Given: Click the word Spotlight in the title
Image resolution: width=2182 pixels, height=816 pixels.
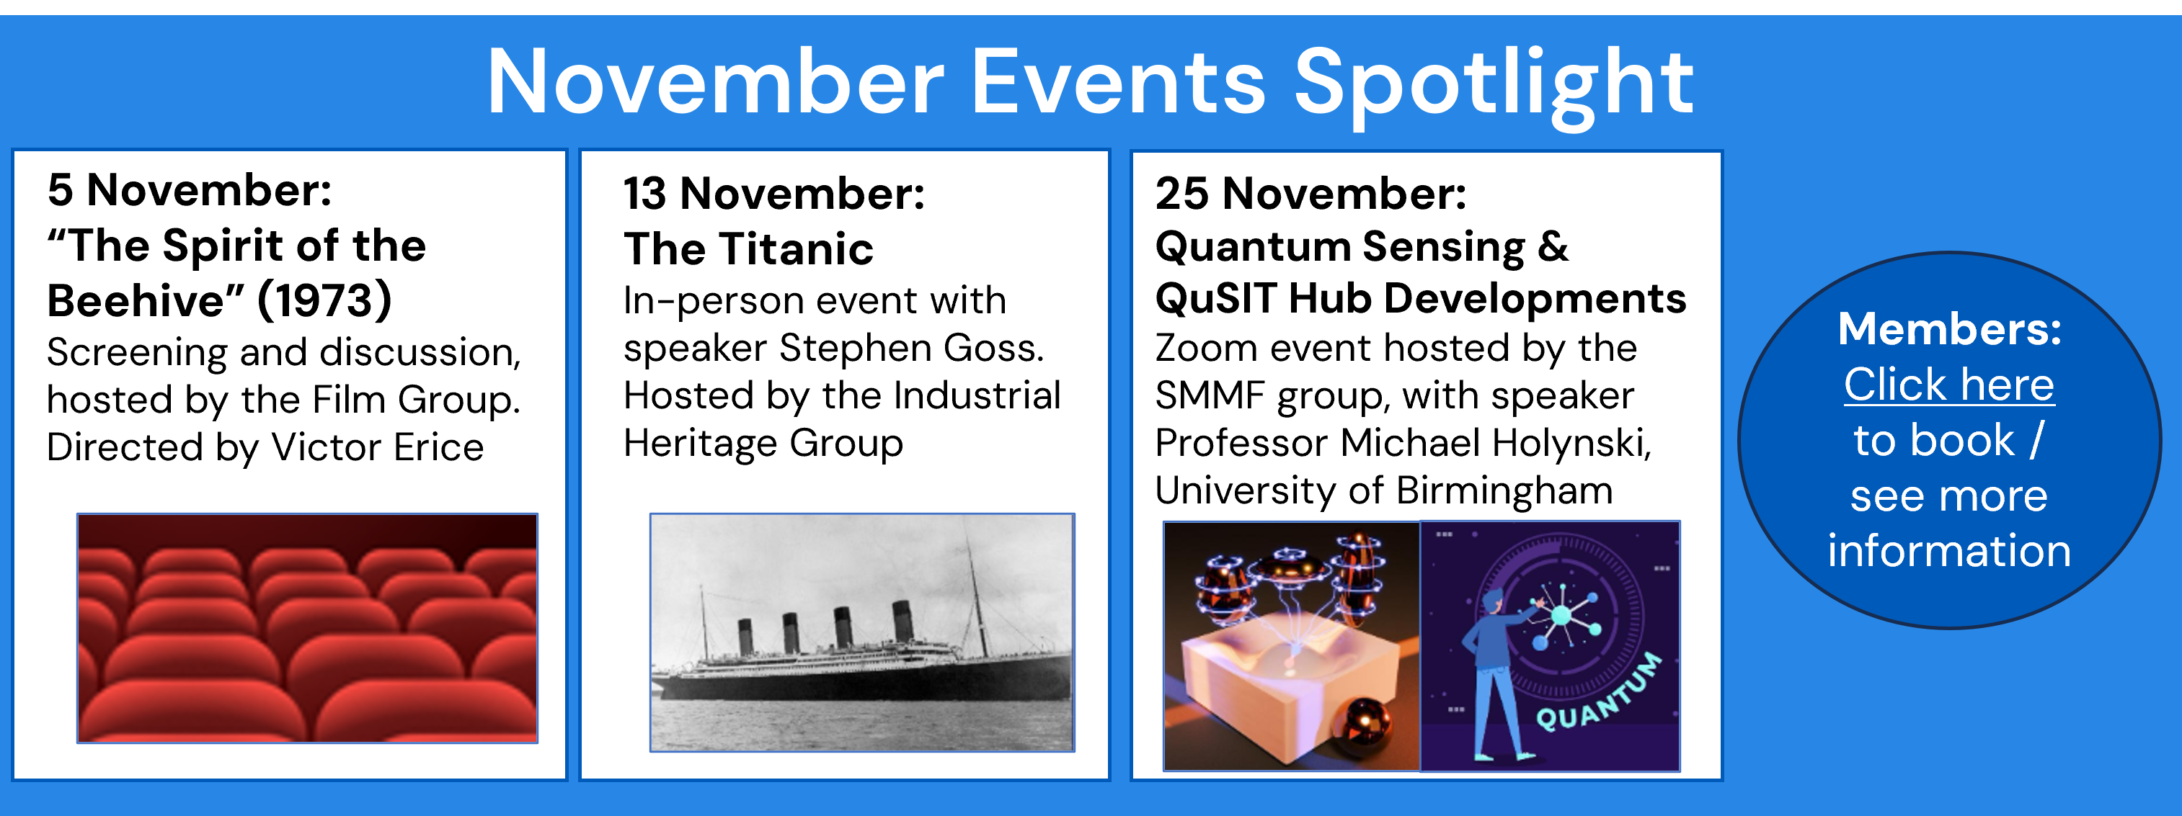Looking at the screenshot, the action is [1494, 85].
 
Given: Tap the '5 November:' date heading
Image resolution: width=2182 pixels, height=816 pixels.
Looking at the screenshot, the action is [190, 189].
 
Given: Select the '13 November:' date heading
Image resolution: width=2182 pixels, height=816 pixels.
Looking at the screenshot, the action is [774, 194].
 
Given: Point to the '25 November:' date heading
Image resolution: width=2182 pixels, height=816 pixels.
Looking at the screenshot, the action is [1310, 194].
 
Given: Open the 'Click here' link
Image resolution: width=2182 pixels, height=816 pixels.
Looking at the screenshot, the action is [1949, 385].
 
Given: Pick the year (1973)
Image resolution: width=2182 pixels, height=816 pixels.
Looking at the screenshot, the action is [324, 300].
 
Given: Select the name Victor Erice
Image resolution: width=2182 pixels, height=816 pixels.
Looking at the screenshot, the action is [377, 447].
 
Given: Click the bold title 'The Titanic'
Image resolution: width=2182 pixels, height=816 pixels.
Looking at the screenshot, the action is [748, 249].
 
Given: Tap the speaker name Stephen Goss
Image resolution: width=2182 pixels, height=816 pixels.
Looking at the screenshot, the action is [911, 348].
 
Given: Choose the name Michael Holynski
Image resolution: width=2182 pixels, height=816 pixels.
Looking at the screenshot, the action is [1495, 444].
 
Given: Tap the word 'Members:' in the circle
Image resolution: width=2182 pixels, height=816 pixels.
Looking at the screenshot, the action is [1949, 328].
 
